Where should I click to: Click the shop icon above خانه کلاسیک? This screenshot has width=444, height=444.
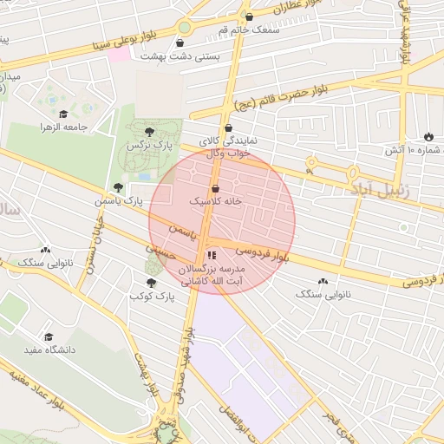pos(215,188)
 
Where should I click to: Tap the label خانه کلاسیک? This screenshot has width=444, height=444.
pos(214,201)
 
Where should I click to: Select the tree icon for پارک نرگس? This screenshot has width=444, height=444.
pos(150,132)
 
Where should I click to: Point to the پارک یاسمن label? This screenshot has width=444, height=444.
pos(120,201)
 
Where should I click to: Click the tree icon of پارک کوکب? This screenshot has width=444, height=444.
pos(152,283)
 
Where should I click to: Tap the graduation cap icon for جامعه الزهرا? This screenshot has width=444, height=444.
pos(62,114)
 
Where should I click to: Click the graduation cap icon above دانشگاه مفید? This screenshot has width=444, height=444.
pos(49,336)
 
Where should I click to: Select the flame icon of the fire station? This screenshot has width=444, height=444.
pos(428,136)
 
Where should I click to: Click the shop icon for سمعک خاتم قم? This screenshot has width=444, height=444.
pos(250,16)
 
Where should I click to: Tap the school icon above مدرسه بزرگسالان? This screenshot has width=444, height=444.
pos(211,255)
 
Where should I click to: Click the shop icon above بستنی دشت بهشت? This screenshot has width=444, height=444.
pos(180,42)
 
